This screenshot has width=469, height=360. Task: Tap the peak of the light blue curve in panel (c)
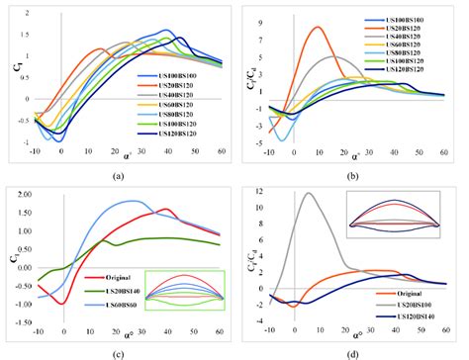[x=130, y=201]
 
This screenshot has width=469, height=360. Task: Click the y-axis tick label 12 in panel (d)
[x=260, y=190]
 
